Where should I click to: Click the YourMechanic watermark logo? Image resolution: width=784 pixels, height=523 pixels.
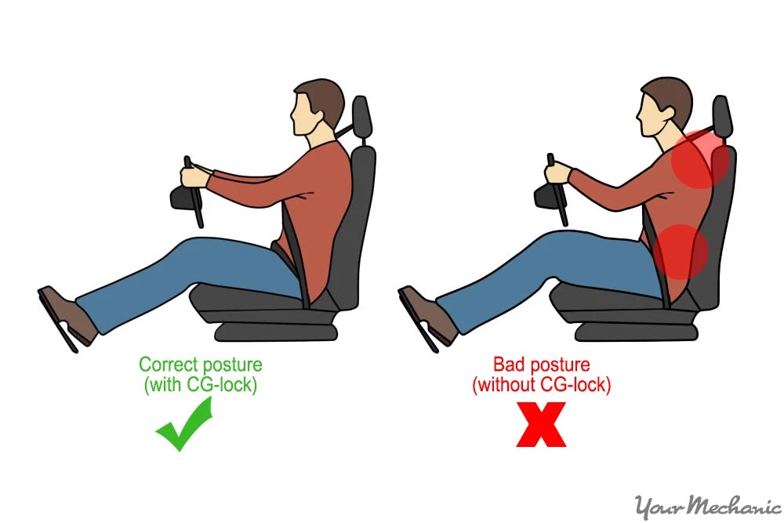[x=706, y=506]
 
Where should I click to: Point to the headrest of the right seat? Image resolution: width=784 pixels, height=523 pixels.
[x=722, y=118]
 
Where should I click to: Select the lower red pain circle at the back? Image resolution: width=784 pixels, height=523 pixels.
[x=681, y=251]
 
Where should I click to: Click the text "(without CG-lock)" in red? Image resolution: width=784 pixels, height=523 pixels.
[x=541, y=385]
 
